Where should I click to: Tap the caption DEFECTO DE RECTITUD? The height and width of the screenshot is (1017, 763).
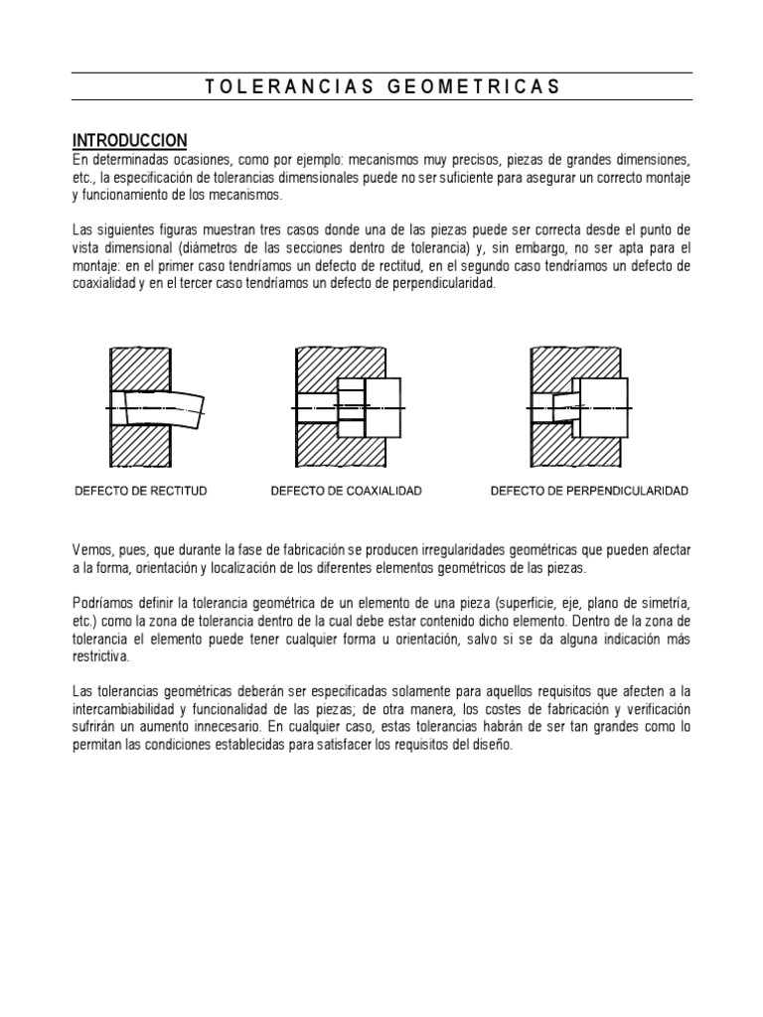141,492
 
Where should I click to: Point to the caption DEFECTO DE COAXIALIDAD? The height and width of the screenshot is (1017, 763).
347,492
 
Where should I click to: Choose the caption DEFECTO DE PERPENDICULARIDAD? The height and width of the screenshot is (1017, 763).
589,492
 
